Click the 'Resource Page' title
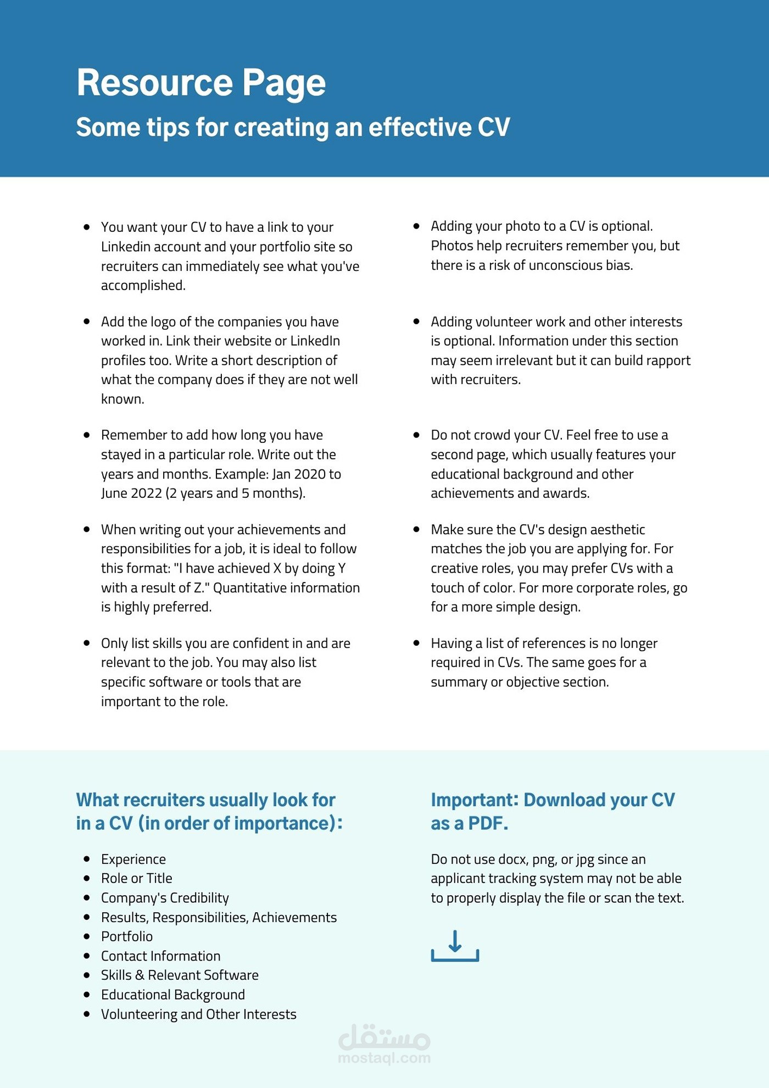201,83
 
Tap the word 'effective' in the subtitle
420,127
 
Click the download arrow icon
455,945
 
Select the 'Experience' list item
133,859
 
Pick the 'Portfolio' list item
127,936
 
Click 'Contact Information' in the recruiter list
160,956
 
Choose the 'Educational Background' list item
172,995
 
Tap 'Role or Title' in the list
136,879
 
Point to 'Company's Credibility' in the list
165,898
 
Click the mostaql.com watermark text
384,1058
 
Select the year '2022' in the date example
147,493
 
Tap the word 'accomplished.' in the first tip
143,286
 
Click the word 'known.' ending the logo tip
122,399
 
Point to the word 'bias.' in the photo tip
619,265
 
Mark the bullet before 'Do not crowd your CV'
416,435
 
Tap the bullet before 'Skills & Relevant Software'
87,975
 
